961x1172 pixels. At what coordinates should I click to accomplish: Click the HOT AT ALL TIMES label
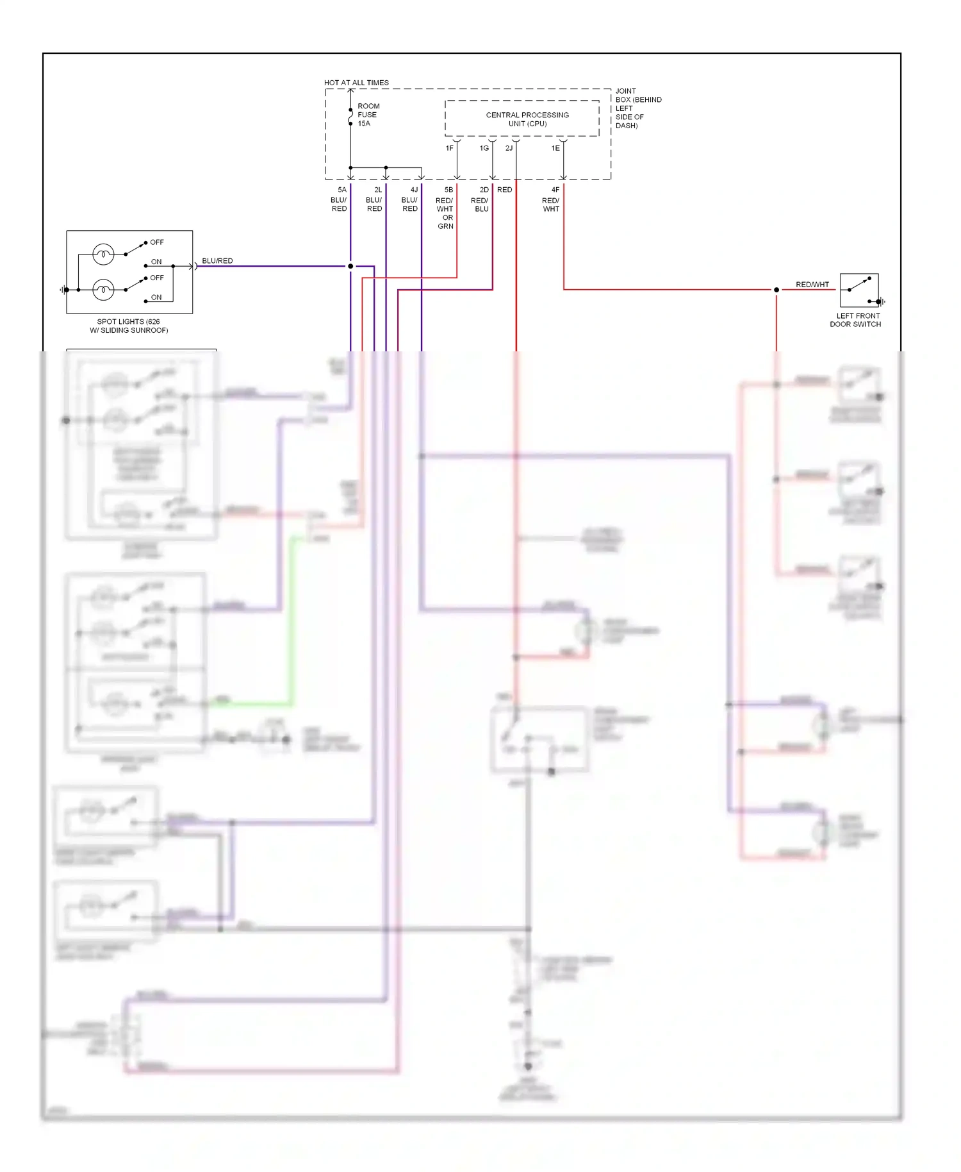(356, 83)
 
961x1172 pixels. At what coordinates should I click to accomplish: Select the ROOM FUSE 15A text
(368, 115)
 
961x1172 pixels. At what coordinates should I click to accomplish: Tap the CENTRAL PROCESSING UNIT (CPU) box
(522, 119)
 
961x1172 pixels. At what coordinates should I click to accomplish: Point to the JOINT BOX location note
(637, 108)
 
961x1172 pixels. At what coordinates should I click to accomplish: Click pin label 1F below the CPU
(450, 148)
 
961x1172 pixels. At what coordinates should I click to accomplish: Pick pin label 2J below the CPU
(509, 148)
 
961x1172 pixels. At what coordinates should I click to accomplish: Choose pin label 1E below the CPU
(555, 148)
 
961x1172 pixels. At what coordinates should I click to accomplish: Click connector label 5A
(342, 190)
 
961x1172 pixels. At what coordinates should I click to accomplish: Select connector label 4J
(414, 190)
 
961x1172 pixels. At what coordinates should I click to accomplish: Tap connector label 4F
(555, 190)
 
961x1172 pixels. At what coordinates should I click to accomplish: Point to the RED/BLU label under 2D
(480, 205)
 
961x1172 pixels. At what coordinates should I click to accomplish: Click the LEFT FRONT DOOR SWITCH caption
(856, 320)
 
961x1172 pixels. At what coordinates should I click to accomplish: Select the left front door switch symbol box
(858, 290)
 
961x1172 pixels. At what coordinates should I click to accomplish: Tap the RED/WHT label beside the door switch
(812, 284)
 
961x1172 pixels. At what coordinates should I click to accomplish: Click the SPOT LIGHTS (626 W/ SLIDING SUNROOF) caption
(129, 326)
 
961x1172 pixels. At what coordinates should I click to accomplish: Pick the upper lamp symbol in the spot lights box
(103, 255)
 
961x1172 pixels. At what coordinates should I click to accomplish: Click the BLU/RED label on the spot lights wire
(217, 261)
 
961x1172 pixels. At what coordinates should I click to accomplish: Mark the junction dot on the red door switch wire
(776, 290)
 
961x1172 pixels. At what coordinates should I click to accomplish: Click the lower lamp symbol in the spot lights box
(103, 290)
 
